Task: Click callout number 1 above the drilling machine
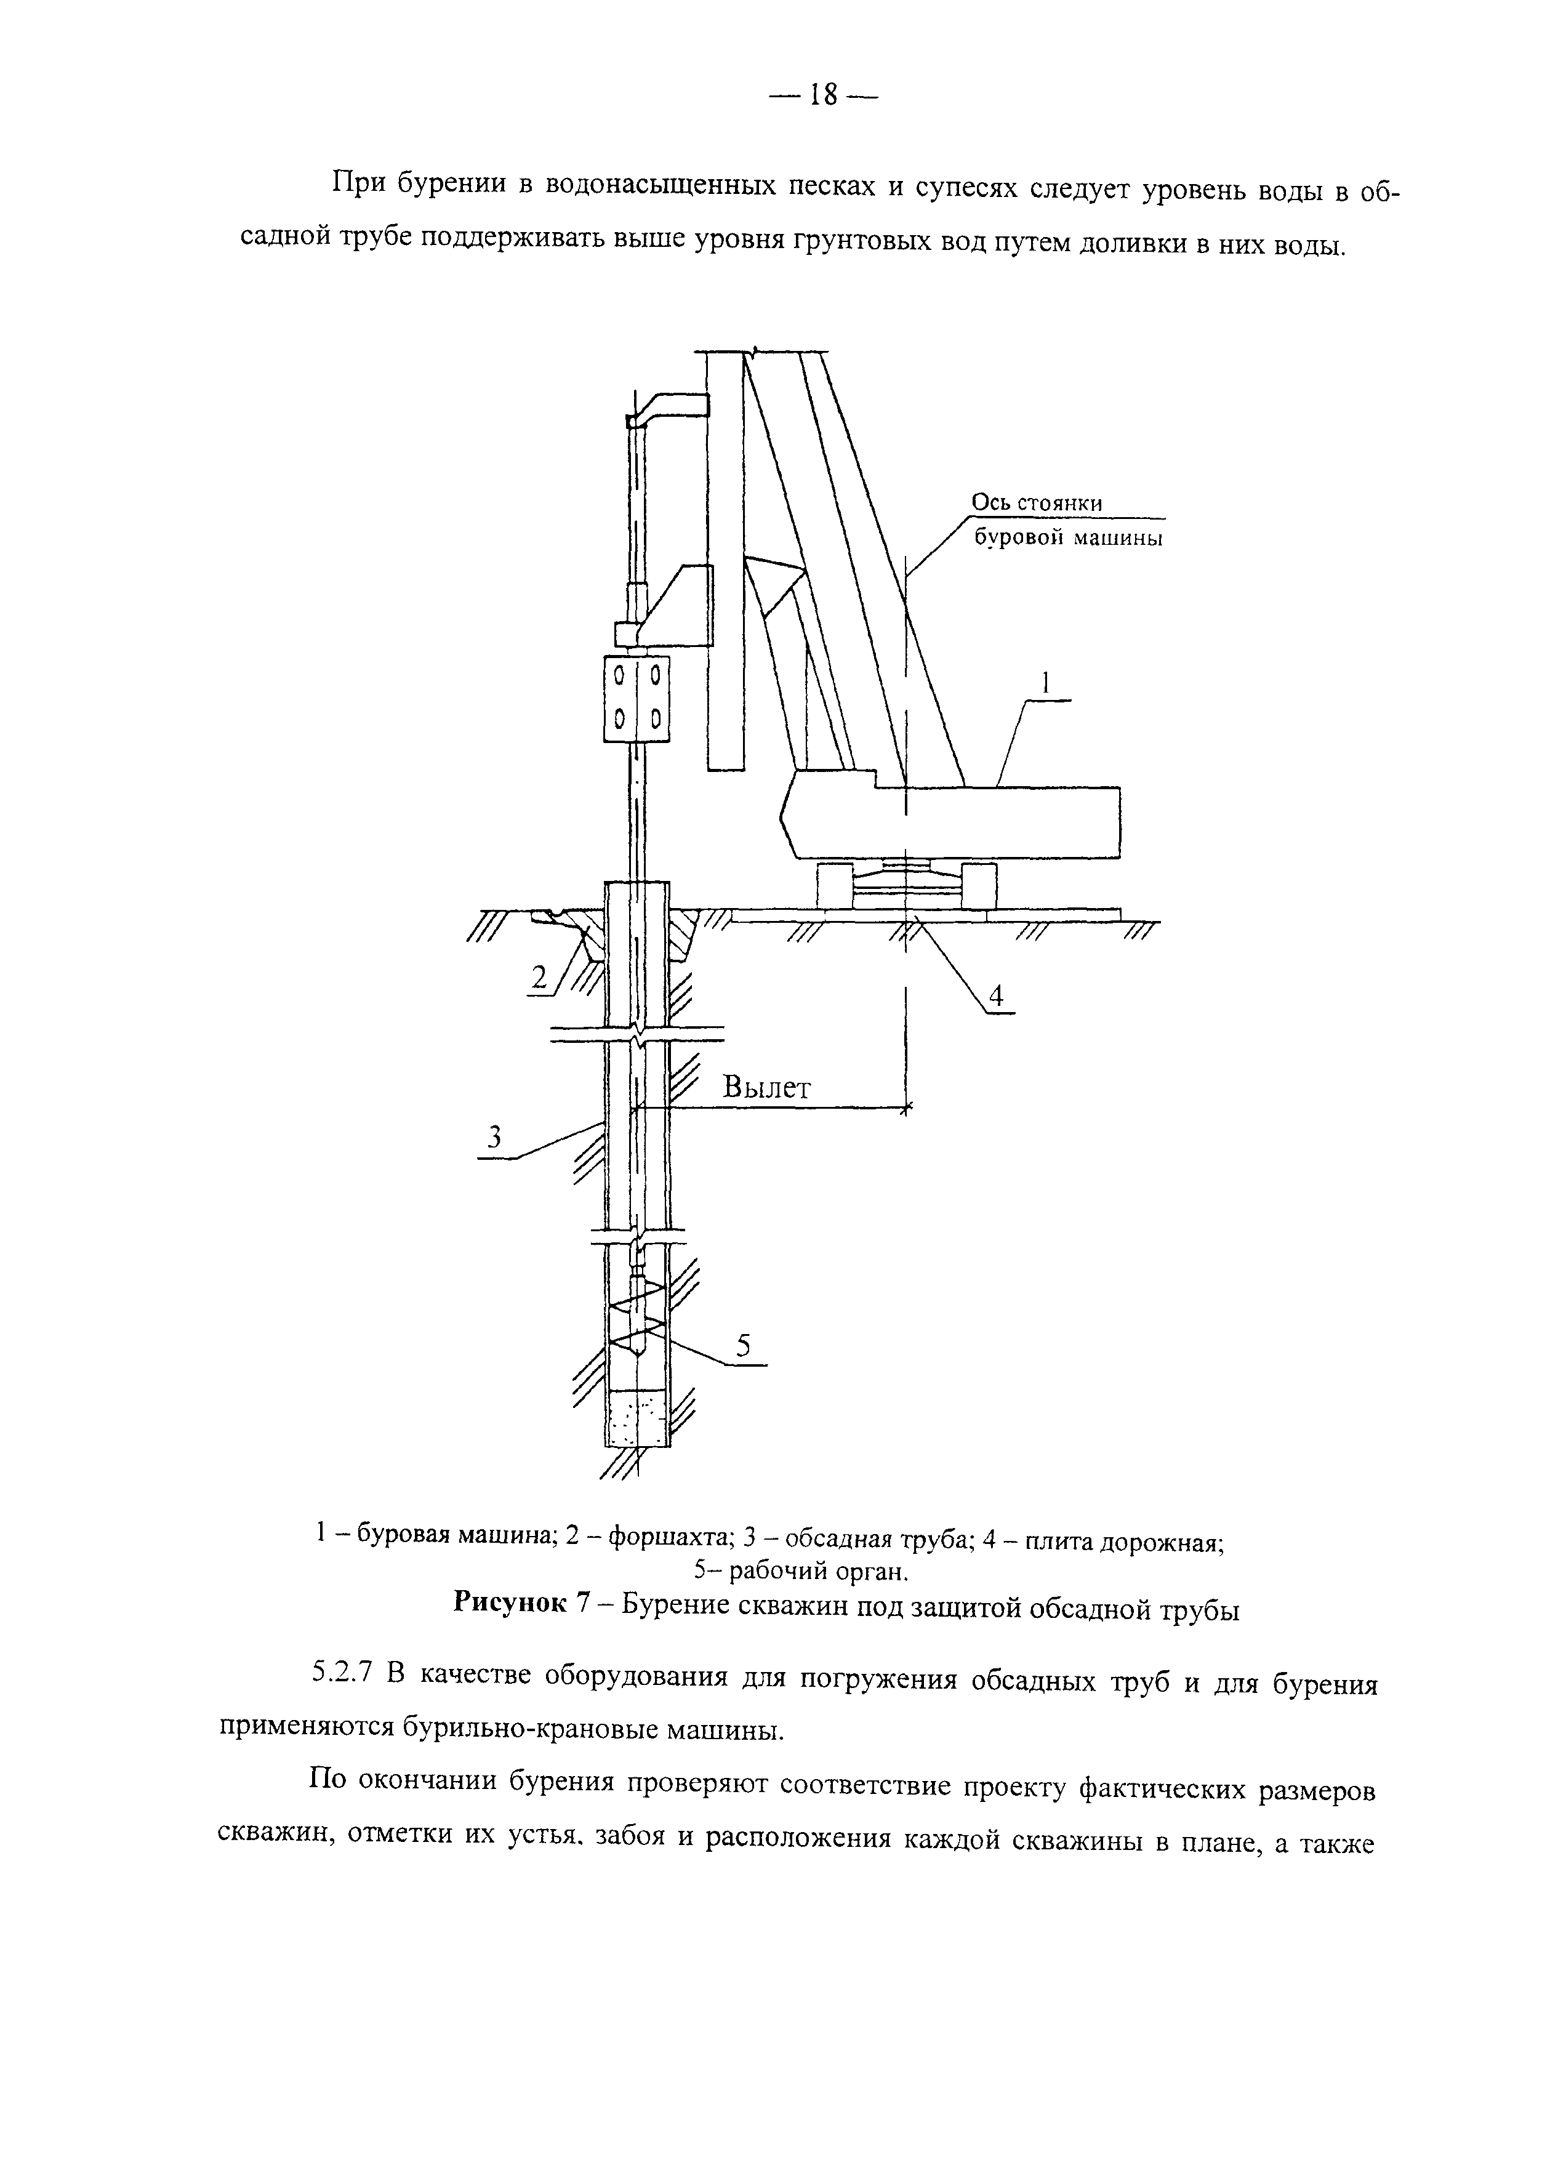point(1045,683)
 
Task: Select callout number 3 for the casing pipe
point(494,1136)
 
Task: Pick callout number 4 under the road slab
point(995,996)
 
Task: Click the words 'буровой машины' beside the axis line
point(1067,539)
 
